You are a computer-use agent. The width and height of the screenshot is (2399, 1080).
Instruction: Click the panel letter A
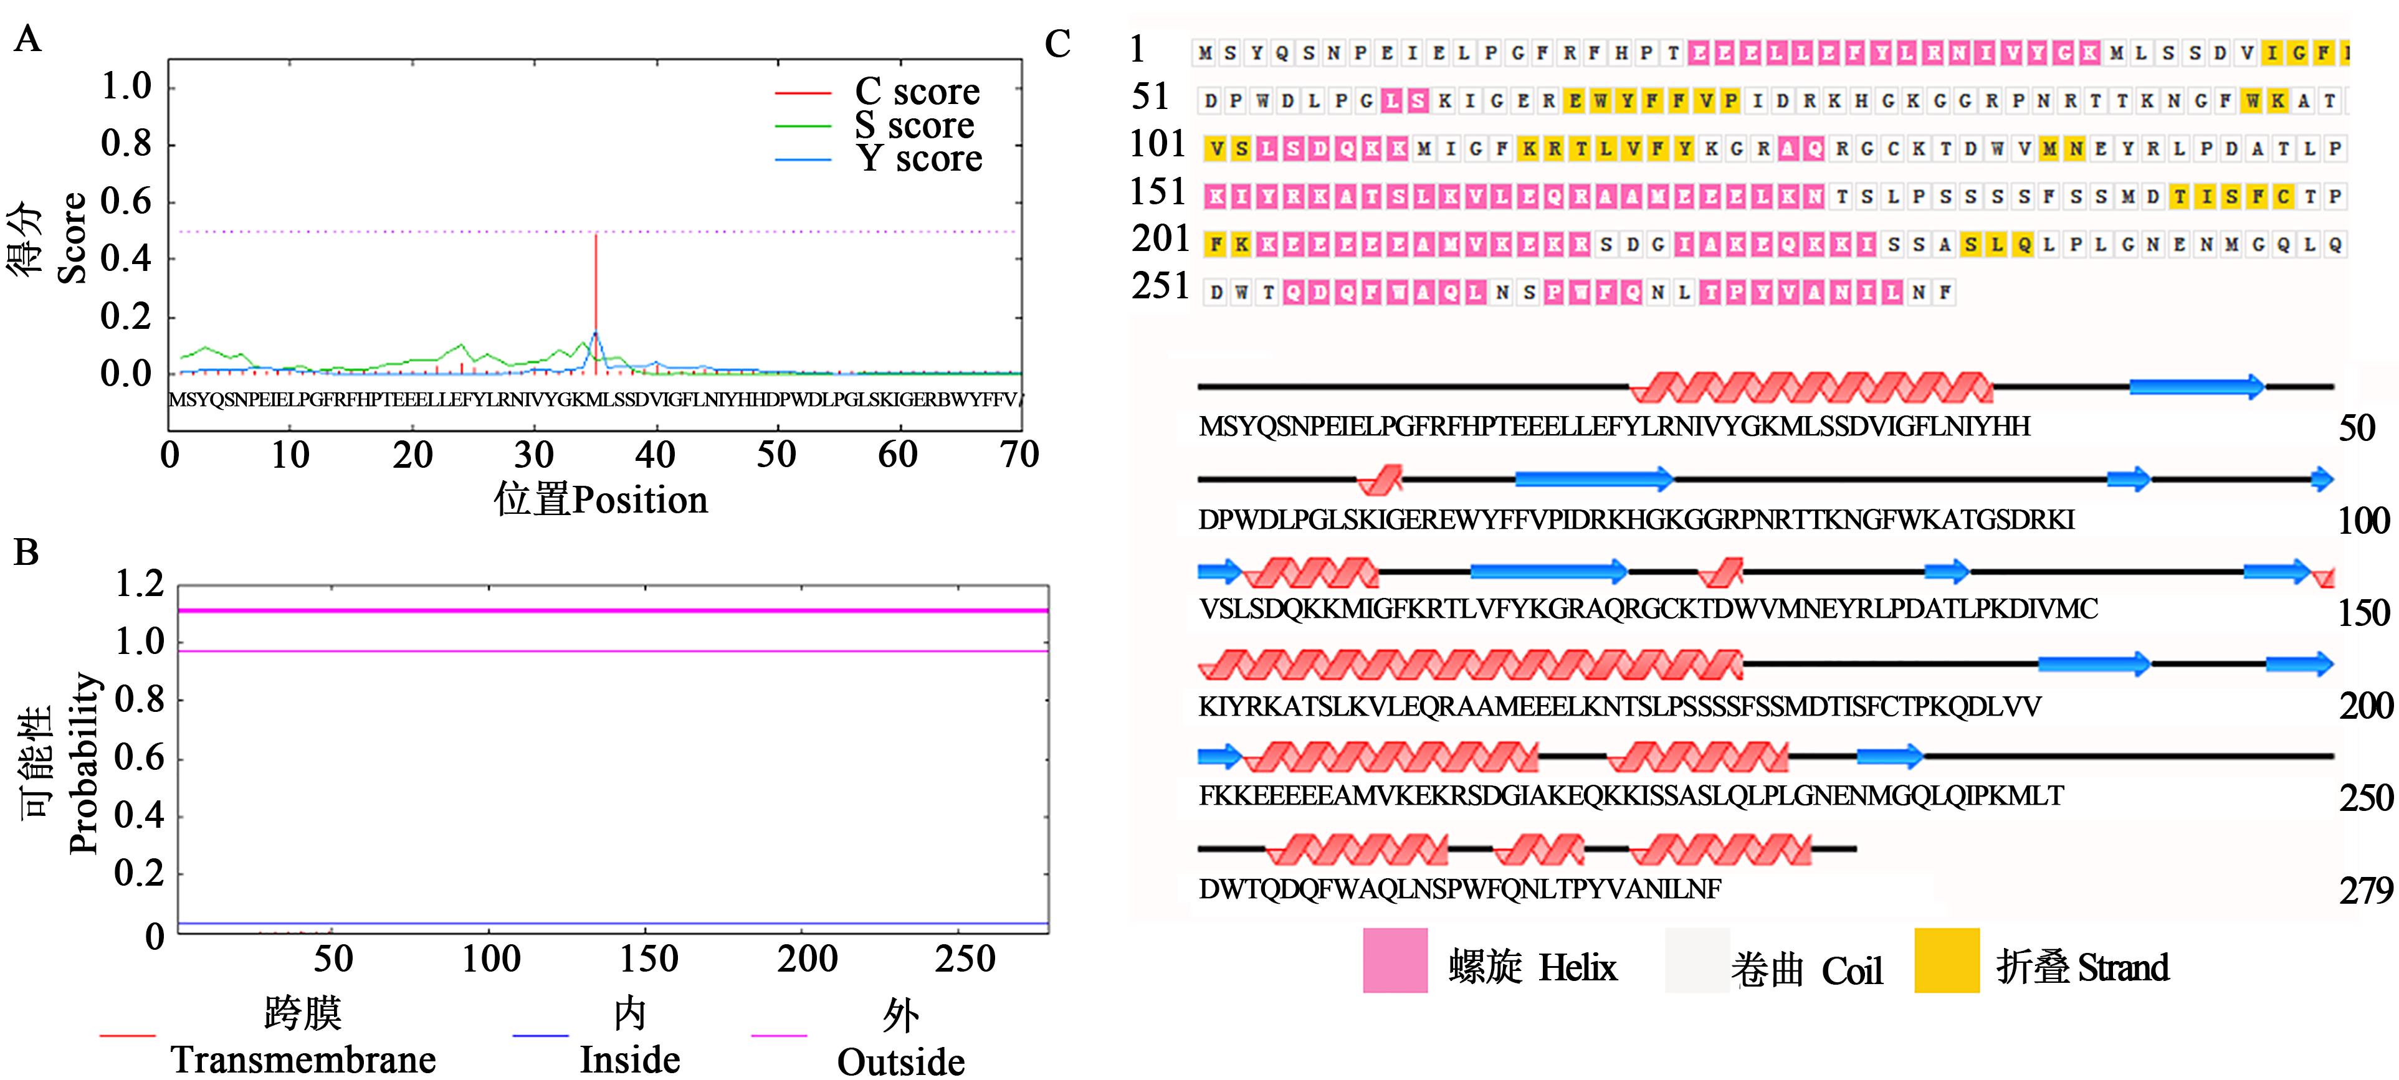coord(28,40)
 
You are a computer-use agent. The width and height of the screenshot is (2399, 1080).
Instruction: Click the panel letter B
coord(26,552)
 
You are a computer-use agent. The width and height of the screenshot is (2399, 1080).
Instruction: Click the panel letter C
coord(1057,44)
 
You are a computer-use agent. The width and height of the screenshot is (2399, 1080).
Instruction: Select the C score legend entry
coord(917,91)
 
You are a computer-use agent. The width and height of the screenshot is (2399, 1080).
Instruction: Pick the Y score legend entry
coord(918,158)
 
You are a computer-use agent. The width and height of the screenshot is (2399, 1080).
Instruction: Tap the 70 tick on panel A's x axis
coord(1019,454)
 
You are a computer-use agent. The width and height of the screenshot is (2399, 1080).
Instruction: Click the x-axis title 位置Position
coord(601,500)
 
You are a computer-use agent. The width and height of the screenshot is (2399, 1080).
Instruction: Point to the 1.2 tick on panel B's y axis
coord(139,585)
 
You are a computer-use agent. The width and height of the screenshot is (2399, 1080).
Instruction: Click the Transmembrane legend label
coord(303,1059)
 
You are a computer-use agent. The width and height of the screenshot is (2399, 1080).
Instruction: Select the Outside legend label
coord(900,1061)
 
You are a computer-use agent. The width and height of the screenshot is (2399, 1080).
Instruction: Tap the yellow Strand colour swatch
coord(1947,960)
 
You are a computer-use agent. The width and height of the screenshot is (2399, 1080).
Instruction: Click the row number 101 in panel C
coord(1158,144)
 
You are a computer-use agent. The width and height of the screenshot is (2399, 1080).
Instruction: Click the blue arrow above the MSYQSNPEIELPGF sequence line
coord(2196,386)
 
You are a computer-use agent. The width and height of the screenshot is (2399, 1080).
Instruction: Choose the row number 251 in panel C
coord(1160,286)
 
